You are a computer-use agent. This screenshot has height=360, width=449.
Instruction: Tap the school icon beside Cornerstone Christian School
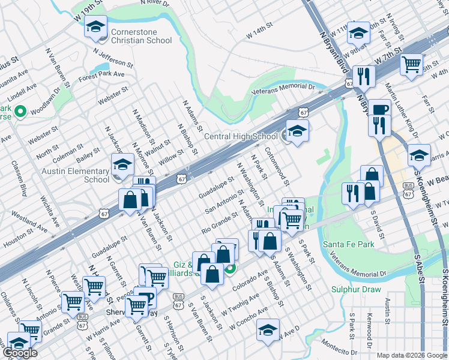click(95, 28)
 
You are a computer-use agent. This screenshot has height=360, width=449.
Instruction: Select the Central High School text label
click(241, 137)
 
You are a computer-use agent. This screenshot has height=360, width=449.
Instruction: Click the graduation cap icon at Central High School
click(297, 130)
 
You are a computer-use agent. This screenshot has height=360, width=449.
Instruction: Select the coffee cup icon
click(379, 109)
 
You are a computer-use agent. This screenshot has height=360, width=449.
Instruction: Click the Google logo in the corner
click(20, 353)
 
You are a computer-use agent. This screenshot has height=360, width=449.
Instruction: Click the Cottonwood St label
click(277, 166)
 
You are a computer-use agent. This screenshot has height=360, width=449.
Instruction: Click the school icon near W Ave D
click(268, 329)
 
